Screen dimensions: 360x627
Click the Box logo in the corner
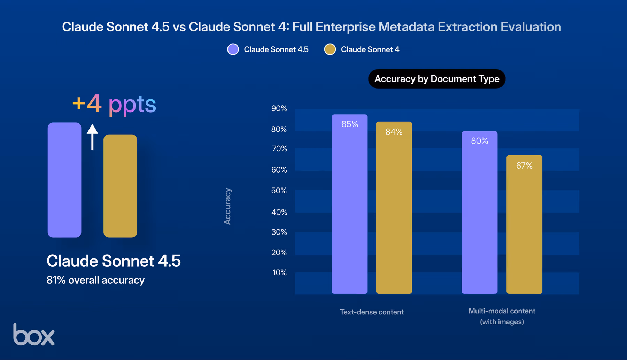pos(34,335)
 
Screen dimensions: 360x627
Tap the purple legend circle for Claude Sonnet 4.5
pos(233,49)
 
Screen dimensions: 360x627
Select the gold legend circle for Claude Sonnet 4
pos(330,49)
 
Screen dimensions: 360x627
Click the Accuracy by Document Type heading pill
pos(436,79)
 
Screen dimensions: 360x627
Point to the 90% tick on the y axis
pos(279,108)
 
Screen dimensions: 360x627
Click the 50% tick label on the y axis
pos(279,191)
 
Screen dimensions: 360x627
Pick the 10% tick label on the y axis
pos(279,273)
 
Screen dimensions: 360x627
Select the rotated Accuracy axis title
pos(227,206)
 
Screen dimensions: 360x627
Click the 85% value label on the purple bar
pos(350,124)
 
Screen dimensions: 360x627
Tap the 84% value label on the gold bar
pos(394,132)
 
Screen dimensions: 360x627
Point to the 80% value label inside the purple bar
pos(480,141)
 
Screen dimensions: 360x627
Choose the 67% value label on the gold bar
pos(524,166)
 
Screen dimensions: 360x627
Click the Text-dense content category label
pos(372,312)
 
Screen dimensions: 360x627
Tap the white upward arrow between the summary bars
pos(92,137)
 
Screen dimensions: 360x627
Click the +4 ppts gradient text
pos(114,104)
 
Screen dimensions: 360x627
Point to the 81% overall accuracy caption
pos(95,280)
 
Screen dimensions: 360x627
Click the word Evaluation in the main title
pos(531,27)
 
